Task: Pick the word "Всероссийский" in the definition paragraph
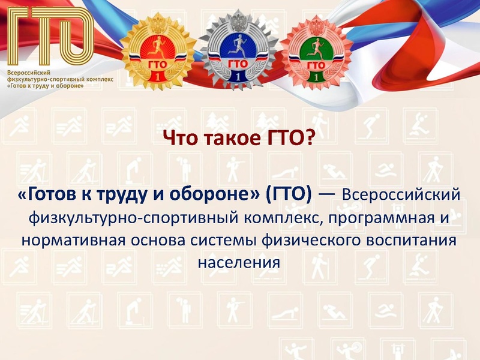click(401, 194)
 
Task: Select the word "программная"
click(375, 217)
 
